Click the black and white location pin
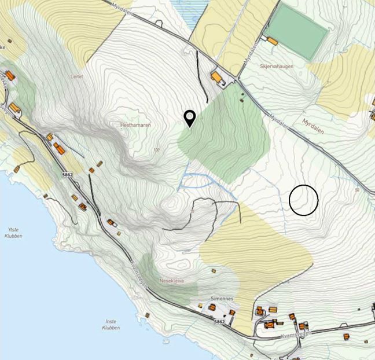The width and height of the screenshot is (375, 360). coord(189,117)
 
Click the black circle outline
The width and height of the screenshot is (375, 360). coord(304,200)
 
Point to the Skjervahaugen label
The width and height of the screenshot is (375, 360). coord(276,67)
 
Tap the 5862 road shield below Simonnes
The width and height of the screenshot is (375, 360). coord(219,321)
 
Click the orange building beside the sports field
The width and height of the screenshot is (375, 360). coord(271,40)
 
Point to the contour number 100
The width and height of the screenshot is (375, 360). coord(156,150)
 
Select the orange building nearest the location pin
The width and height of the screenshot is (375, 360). coord(217,76)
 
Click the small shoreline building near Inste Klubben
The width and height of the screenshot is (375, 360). coord(147,315)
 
